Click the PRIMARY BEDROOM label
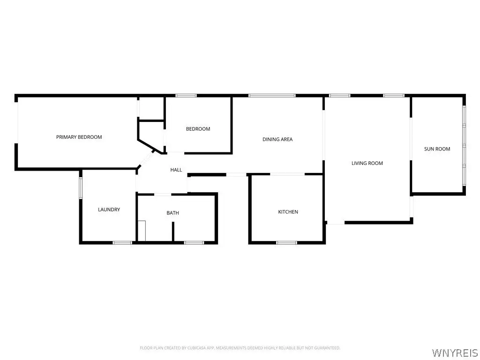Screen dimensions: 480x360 [79, 137]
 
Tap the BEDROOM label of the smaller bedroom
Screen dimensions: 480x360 [198, 129]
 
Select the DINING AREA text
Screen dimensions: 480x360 [277, 139]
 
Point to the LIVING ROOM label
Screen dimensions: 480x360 [367, 163]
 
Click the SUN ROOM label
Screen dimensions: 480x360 [437, 149]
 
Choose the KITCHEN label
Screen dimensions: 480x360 [288, 212]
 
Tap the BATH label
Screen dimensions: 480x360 [172, 213]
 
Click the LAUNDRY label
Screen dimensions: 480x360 [109, 210]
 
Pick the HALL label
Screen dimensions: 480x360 [176, 170]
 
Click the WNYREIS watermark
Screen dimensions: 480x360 [455, 352]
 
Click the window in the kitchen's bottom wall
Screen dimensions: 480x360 [286, 243]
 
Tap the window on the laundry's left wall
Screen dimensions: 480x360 [81, 188]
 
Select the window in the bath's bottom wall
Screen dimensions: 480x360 [194, 243]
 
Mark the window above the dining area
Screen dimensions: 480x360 [272, 96]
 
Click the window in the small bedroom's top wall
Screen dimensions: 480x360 [186, 96]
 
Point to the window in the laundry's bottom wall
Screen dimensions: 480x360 [122, 243]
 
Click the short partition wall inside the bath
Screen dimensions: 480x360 [173, 232]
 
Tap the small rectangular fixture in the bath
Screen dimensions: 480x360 [142, 231]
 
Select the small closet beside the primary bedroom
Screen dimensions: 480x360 [151, 108]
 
